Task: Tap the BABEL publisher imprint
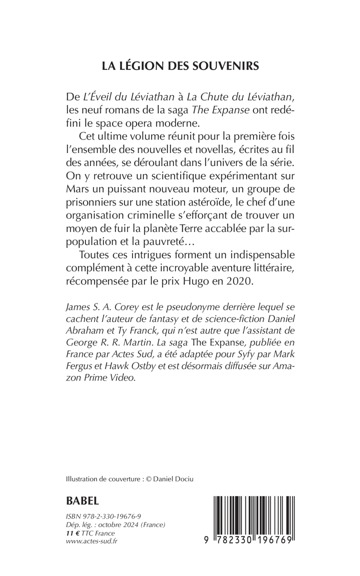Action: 83,500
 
